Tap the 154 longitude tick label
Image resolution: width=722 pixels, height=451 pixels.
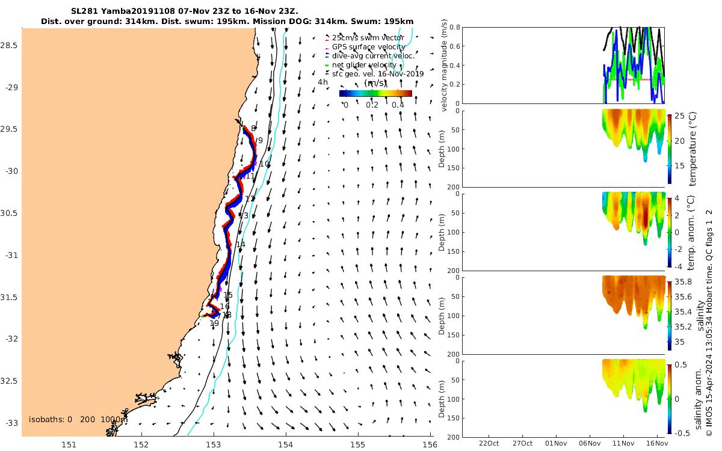286,445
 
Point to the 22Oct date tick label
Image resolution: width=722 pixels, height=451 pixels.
489,444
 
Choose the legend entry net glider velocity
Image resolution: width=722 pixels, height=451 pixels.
364,65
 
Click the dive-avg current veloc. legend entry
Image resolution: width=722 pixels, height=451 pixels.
373,56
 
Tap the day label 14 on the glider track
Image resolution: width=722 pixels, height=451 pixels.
241,244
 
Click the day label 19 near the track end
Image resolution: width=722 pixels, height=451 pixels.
214,324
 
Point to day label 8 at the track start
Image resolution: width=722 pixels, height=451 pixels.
253,128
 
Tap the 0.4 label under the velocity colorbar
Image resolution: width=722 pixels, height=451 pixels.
398,105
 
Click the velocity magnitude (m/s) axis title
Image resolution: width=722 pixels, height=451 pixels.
445,66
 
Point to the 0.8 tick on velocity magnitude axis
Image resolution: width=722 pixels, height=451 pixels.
454,28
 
